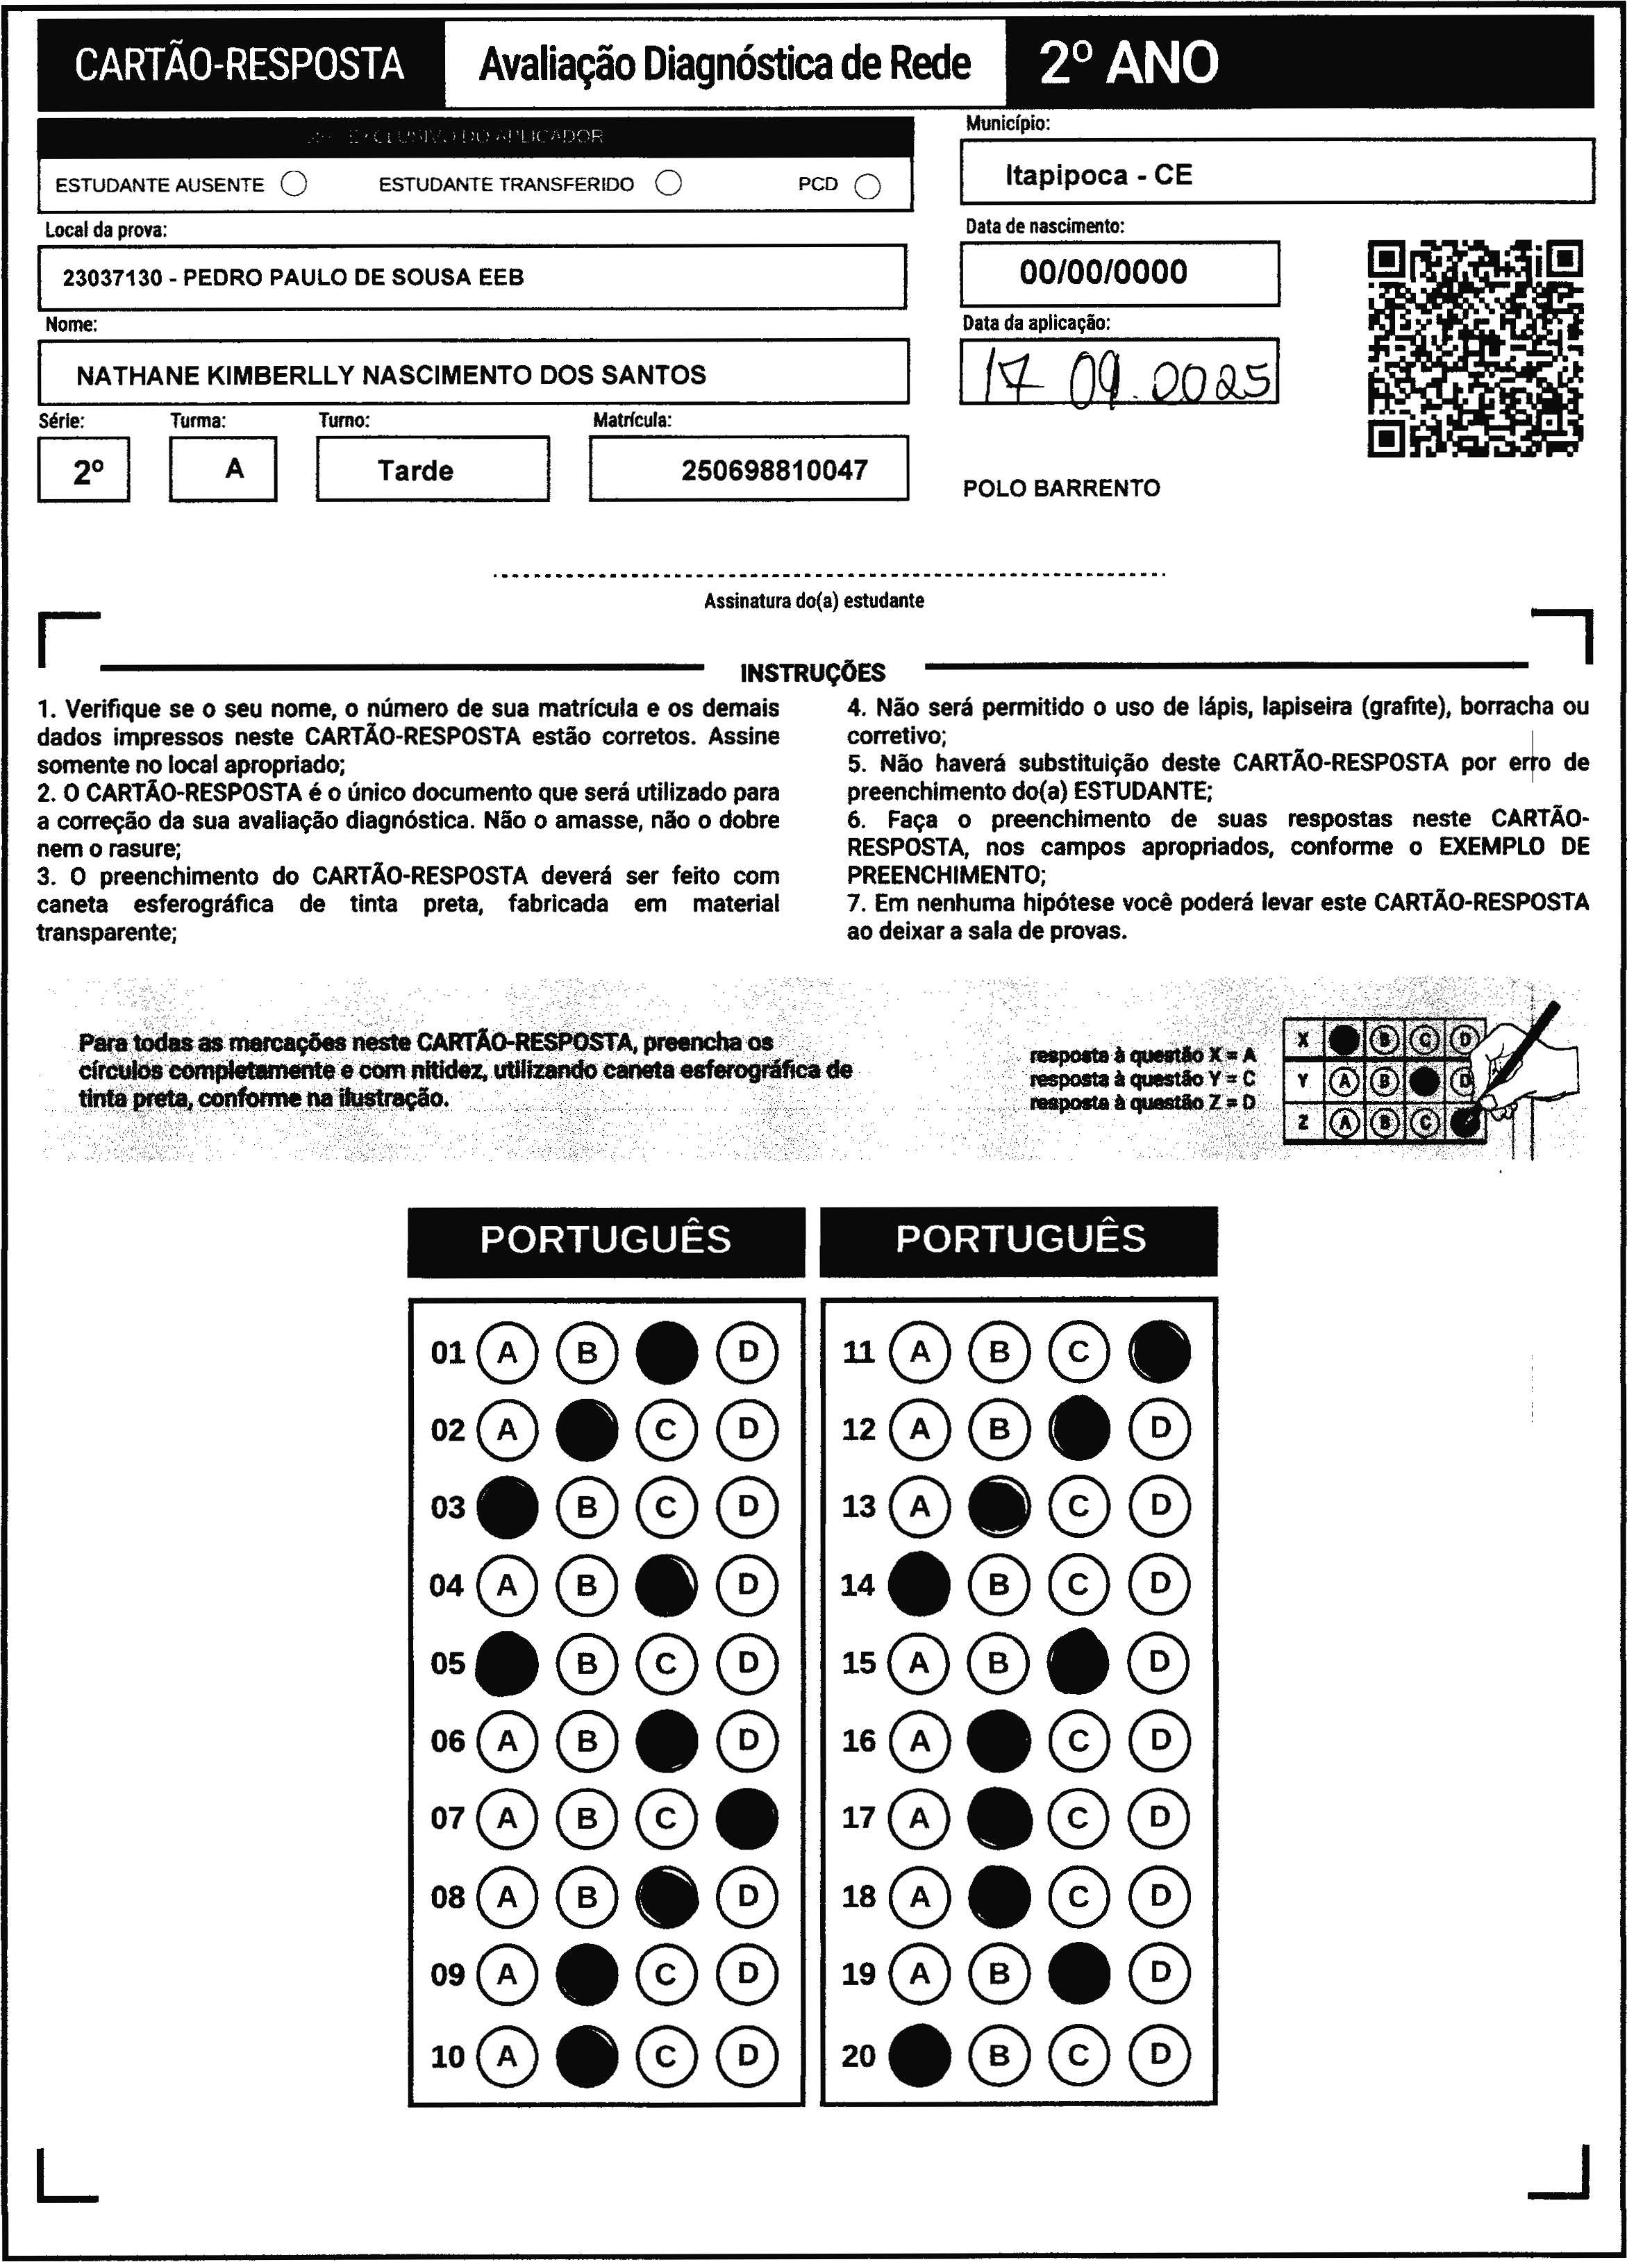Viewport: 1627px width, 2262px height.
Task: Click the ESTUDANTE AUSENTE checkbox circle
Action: pyautogui.click(x=294, y=185)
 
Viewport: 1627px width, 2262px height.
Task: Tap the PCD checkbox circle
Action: pyautogui.click(x=868, y=187)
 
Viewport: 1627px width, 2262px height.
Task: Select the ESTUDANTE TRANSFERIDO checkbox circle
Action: pyautogui.click(x=668, y=183)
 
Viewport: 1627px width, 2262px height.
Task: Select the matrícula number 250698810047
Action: pyautogui.click(x=774, y=470)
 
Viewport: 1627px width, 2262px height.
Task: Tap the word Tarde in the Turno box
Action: pyautogui.click(x=415, y=470)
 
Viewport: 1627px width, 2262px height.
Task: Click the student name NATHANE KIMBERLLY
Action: pyautogui.click(x=390, y=375)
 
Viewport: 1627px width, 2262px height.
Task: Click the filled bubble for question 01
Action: pyautogui.click(x=667, y=1352)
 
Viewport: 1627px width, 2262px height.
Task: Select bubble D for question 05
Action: pyautogui.click(x=747, y=1663)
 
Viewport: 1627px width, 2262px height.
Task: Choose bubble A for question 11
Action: pyautogui.click(x=919, y=1352)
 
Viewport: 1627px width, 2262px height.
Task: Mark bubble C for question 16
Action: pyautogui.click(x=1078, y=1741)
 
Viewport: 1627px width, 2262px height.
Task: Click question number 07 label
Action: pyautogui.click(x=448, y=1818)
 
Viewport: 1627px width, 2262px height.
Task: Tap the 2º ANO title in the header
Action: pyautogui.click(x=1128, y=64)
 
